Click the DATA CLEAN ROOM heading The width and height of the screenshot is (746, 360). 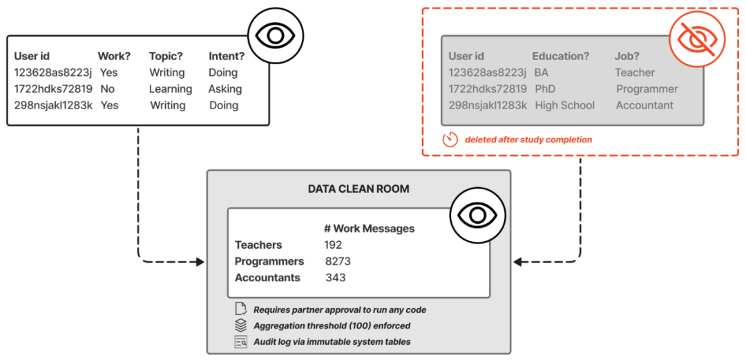click(x=358, y=189)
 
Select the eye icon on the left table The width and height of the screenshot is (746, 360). click(x=276, y=35)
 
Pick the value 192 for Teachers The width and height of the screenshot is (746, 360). click(x=333, y=245)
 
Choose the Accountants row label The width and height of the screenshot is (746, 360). click(x=268, y=278)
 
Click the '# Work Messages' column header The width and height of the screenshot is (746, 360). click(x=369, y=229)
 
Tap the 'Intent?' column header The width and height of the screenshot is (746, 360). click(x=227, y=56)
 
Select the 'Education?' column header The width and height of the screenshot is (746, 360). click(x=561, y=56)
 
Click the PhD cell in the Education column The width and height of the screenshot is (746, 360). click(x=545, y=89)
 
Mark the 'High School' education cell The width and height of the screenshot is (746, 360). click(x=565, y=105)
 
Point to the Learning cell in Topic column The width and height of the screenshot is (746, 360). click(x=171, y=89)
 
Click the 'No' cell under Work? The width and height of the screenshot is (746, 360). click(x=108, y=89)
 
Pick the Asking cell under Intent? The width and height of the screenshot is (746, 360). click(x=225, y=89)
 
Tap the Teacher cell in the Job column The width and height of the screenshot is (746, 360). click(x=635, y=73)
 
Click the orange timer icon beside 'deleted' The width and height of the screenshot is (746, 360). click(x=450, y=140)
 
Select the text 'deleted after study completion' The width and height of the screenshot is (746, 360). click(x=528, y=140)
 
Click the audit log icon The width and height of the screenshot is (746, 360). click(x=241, y=341)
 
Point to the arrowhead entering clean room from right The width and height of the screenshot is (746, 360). click(x=517, y=261)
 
